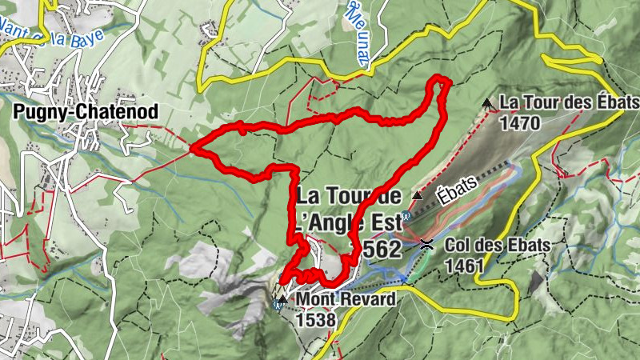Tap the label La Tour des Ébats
pos(570,102)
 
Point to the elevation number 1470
pos(519,123)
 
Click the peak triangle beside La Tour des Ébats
pos(487,102)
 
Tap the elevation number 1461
pos(466,265)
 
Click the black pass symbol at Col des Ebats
pos(428,244)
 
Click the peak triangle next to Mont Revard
pos(282,298)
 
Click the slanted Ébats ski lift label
pos(458,190)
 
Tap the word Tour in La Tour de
pos(347,196)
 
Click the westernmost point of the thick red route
pos(193,148)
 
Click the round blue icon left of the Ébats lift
pos(406,215)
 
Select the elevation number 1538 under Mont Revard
pos(315,319)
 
